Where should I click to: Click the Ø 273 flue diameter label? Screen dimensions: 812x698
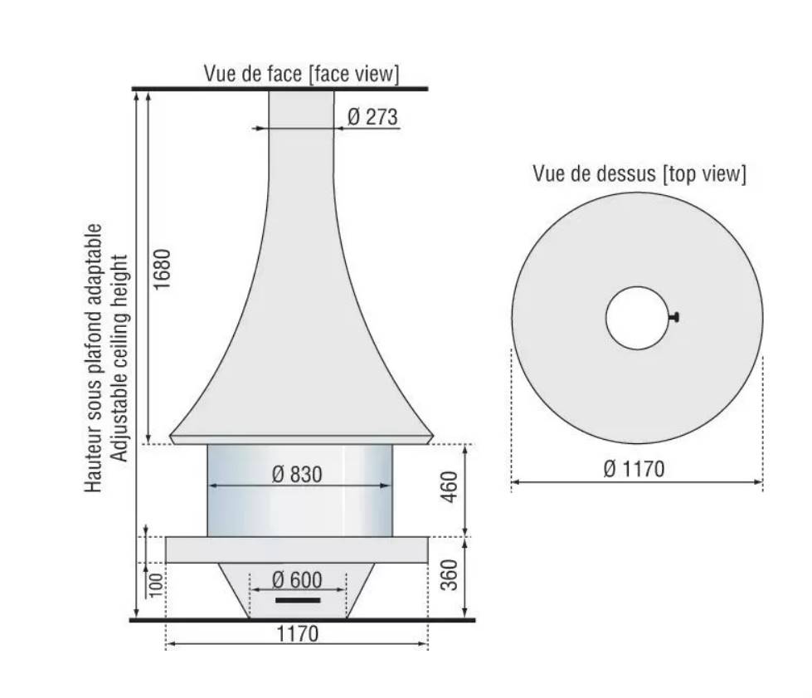pos(372,116)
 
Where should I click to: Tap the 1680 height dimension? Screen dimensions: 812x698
pos(162,270)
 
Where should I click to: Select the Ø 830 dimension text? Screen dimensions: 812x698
pos(297,474)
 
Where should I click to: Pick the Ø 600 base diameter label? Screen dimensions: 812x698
pos(297,580)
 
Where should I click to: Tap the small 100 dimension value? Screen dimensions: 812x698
pos(155,584)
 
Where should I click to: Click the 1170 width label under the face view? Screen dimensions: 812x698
pos(297,634)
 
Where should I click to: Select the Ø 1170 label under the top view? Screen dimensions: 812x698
pos(634,469)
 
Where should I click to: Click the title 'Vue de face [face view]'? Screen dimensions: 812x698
pos(301,74)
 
